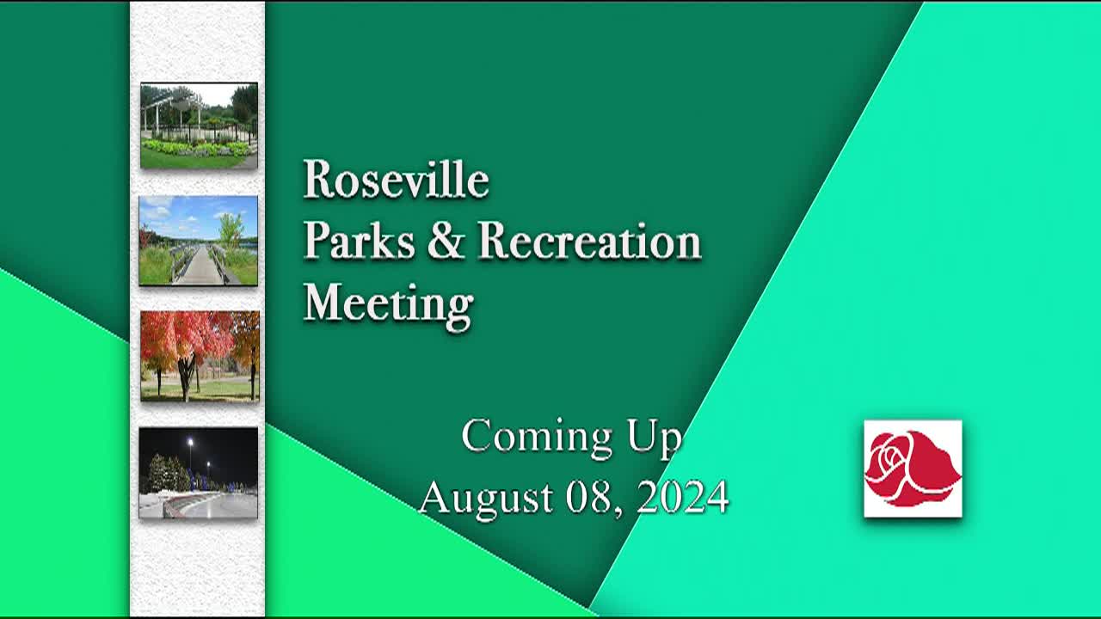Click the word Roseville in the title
click(396, 181)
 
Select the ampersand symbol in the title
click(445, 242)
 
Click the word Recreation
click(589, 242)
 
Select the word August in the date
click(485, 498)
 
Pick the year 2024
click(683, 498)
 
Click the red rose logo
click(913, 469)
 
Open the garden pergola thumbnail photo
click(199, 126)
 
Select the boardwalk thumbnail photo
click(199, 240)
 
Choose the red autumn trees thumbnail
click(200, 355)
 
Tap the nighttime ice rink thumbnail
click(199, 473)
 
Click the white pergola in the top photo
click(172, 108)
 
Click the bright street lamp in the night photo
click(190, 443)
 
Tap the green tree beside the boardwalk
click(230, 229)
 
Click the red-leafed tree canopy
click(185, 335)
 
